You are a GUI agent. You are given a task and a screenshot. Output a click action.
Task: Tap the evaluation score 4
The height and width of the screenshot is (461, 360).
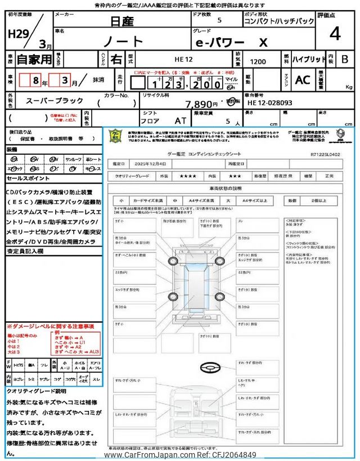335,34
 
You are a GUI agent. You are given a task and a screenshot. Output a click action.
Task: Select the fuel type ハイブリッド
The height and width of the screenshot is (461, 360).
308,59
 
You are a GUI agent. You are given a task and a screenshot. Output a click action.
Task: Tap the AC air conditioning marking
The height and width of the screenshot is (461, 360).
303,80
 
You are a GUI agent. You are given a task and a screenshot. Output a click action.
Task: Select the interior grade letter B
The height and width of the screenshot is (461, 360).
344,59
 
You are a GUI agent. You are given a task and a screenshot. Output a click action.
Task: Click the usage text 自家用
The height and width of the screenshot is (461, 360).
34,59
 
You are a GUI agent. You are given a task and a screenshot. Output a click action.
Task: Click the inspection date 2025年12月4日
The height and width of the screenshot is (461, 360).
152,164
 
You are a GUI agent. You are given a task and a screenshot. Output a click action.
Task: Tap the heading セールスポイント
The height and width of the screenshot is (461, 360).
28,178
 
